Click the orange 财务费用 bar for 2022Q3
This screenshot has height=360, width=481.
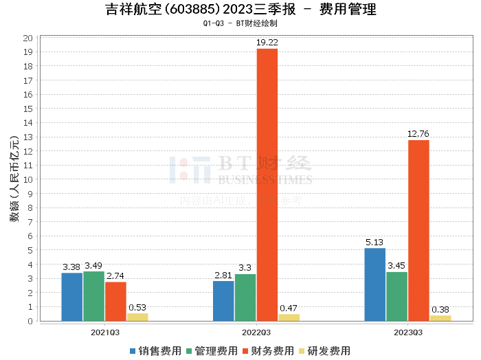point(267,185)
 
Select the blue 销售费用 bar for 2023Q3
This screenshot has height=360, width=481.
point(375,284)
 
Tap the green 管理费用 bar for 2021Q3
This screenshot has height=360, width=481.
point(93,296)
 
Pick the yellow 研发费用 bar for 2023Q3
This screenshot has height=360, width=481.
point(440,318)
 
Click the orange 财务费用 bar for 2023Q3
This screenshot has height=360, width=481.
point(418,230)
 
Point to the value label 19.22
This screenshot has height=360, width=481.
point(267,43)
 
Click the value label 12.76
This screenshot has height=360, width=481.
point(418,134)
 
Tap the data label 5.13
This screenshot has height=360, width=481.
point(375,242)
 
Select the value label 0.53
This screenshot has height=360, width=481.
point(137,307)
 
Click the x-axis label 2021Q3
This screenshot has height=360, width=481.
point(104,331)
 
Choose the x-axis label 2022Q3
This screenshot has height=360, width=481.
point(256,331)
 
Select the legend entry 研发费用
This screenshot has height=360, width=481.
point(324,351)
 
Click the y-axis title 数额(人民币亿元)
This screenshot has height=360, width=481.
point(14,179)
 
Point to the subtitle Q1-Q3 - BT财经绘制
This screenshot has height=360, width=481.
point(240,23)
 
